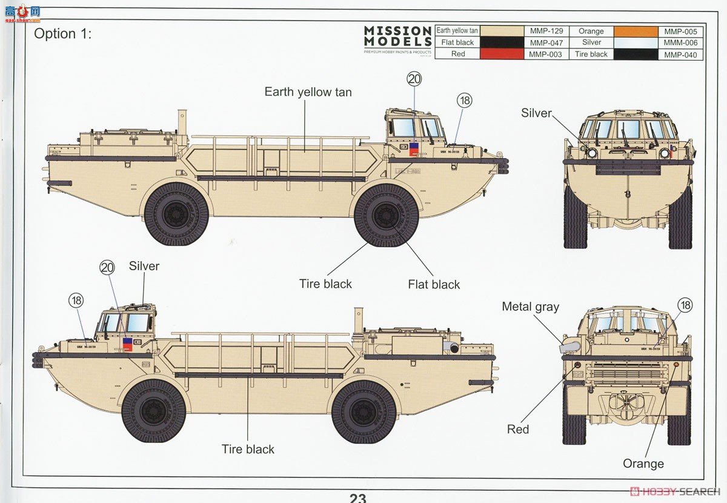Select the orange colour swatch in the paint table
pyautogui.click(x=636, y=32)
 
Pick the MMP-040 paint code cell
pyautogui.click(x=680, y=55)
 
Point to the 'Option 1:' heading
pyautogui.click(x=62, y=34)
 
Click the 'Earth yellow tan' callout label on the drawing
pyautogui.click(x=308, y=92)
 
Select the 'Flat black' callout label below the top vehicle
pyautogui.click(x=434, y=284)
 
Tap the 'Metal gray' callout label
pyautogui.click(x=530, y=307)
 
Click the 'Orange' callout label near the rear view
pyautogui.click(x=643, y=464)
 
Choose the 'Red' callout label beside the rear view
pyautogui.click(x=518, y=430)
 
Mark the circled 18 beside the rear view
pyautogui.click(x=685, y=305)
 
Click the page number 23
pyautogui.click(x=357, y=498)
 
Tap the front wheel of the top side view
pyautogui.click(x=386, y=215)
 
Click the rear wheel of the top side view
pyautogui.click(x=176, y=214)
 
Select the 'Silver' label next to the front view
pyautogui.click(x=536, y=113)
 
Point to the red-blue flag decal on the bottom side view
pyautogui.click(x=128, y=344)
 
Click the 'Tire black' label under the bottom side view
pyautogui.click(x=248, y=449)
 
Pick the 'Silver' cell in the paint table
pyautogui.click(x=591, y=42)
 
